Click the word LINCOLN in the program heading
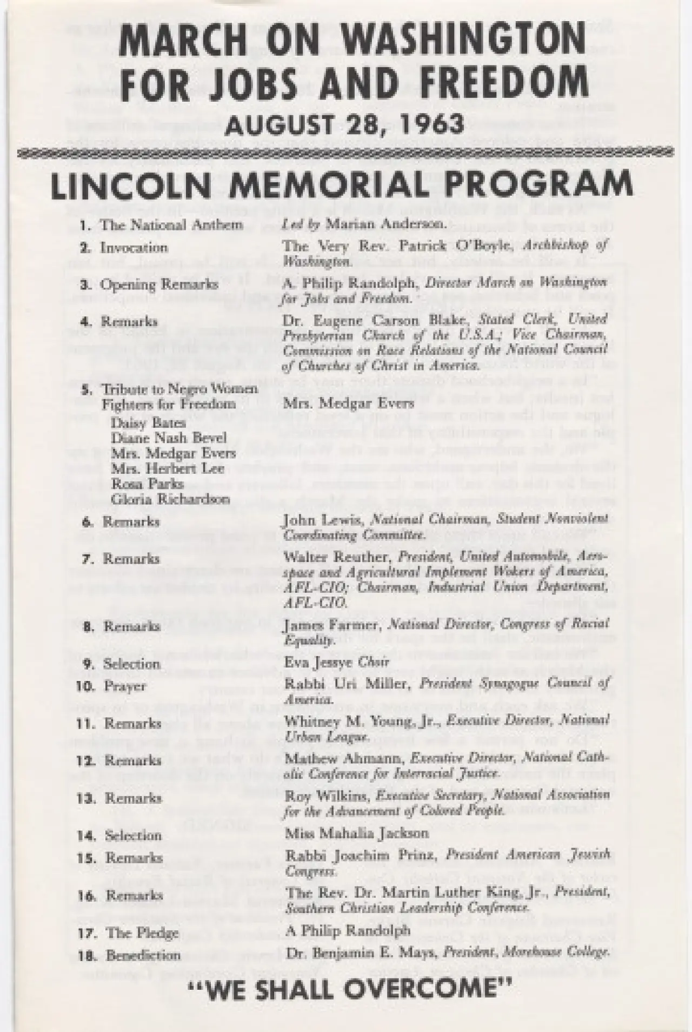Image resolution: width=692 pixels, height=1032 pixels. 127,186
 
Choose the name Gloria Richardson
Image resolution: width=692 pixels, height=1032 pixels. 170,499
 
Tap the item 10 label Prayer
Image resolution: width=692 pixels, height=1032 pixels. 125,686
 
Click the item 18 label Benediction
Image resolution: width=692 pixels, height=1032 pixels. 143,956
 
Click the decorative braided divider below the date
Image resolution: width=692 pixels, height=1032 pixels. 346,151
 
